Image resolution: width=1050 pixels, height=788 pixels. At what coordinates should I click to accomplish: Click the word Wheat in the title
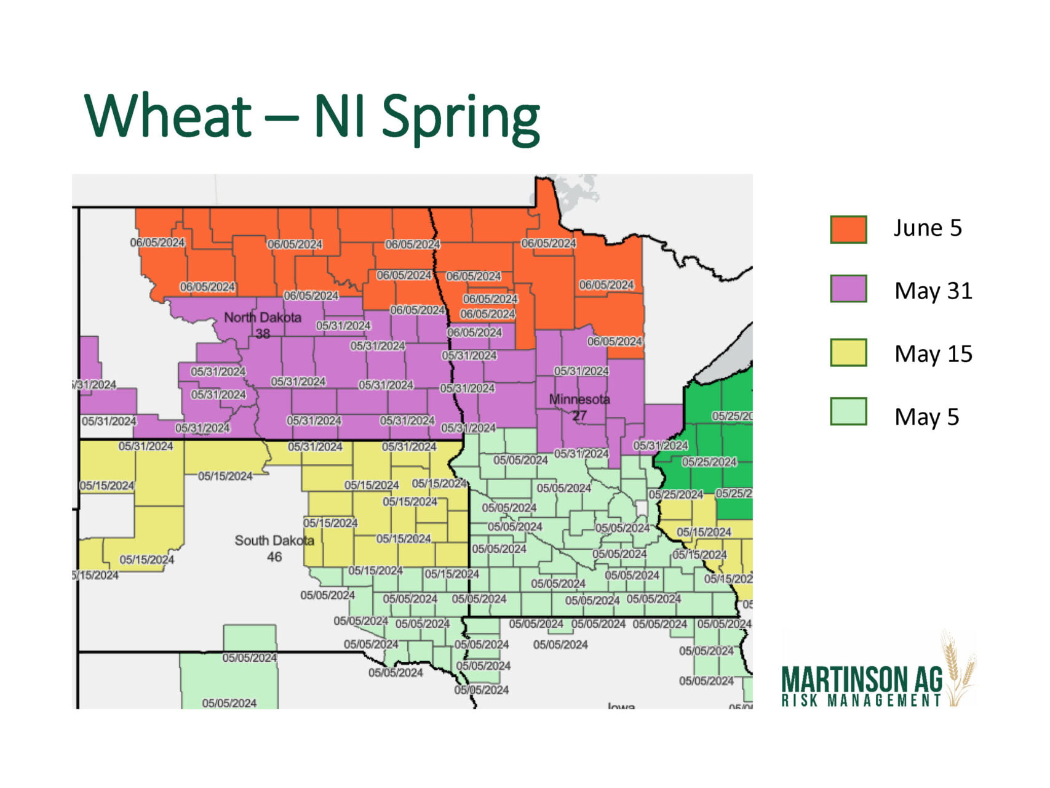pos(169,116)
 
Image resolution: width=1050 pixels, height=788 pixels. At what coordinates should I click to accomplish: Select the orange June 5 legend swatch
pos(848,229)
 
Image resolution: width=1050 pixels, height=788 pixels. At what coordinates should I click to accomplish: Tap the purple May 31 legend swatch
pos(848,289)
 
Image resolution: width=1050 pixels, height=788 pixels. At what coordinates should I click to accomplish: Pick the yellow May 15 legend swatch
pos(848,353)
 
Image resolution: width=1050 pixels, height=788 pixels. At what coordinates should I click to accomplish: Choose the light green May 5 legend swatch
pos(848,412)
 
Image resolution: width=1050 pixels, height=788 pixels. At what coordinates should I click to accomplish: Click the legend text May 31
pos(933,291)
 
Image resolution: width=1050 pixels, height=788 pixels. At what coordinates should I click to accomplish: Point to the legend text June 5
pos(927,228)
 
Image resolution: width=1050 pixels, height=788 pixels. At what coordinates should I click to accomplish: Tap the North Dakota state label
pos(263,318)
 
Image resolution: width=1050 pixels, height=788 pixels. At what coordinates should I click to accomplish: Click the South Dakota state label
pos(274,541)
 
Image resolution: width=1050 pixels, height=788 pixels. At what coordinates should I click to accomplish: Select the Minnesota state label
pos(579,399)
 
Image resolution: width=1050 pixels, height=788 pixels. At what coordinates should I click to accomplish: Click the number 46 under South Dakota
pos(274,557)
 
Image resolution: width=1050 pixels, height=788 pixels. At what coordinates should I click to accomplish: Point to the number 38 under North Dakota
pos(263,334)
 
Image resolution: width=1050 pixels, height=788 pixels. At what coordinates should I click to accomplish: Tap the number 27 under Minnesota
pos(579,416)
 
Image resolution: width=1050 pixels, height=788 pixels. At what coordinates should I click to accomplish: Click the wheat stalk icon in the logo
pos(958,668)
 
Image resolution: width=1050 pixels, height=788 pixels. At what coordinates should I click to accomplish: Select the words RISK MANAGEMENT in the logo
pos(861,700)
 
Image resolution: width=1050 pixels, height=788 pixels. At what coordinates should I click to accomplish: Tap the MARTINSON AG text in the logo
pos(861,679)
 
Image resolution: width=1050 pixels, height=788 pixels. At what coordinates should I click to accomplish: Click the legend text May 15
pos(933,354)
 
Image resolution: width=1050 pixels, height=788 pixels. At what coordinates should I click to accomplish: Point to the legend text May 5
pos(926,417)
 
